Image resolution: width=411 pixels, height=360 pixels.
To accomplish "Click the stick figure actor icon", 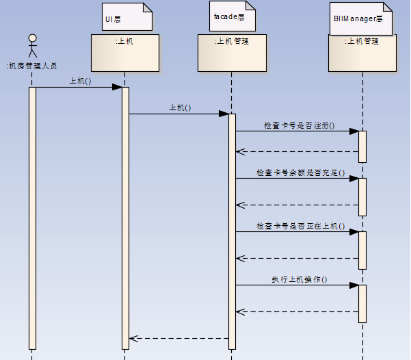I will (x=31, y=46).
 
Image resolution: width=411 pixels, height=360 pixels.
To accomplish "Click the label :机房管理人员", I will (x=31, y=66).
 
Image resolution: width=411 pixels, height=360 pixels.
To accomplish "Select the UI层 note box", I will (x=127, y=16).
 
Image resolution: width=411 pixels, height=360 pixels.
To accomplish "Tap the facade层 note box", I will (x=232, y=16).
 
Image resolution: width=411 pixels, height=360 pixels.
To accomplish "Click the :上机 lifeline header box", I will (x=125, y=53).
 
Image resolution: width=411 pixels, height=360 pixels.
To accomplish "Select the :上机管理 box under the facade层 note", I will (x=232, y=53).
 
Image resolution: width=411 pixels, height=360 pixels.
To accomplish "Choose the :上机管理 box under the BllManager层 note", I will (x=362, y=53).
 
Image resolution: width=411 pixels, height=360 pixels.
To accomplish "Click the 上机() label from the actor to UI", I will (x=80, y=81).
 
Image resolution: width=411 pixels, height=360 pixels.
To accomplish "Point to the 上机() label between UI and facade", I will (x=180, y=107).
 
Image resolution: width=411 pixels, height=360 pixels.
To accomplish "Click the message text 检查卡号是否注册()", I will (x=300, y=125).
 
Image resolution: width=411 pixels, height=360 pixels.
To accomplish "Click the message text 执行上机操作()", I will (x=300, y=279).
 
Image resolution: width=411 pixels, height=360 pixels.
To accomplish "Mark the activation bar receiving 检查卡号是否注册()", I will (x=362, y=146).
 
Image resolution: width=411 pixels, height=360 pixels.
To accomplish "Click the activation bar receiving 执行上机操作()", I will (x=362, y=303).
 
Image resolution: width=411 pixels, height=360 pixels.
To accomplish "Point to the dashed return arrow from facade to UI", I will (x=179, y=338).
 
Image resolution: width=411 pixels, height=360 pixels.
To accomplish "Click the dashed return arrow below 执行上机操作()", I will (x=297, y=311).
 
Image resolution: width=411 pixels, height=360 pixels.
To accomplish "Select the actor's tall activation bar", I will (x=31, y=218).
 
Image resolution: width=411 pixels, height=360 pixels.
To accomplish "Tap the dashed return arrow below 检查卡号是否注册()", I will (x=297, y=151).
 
